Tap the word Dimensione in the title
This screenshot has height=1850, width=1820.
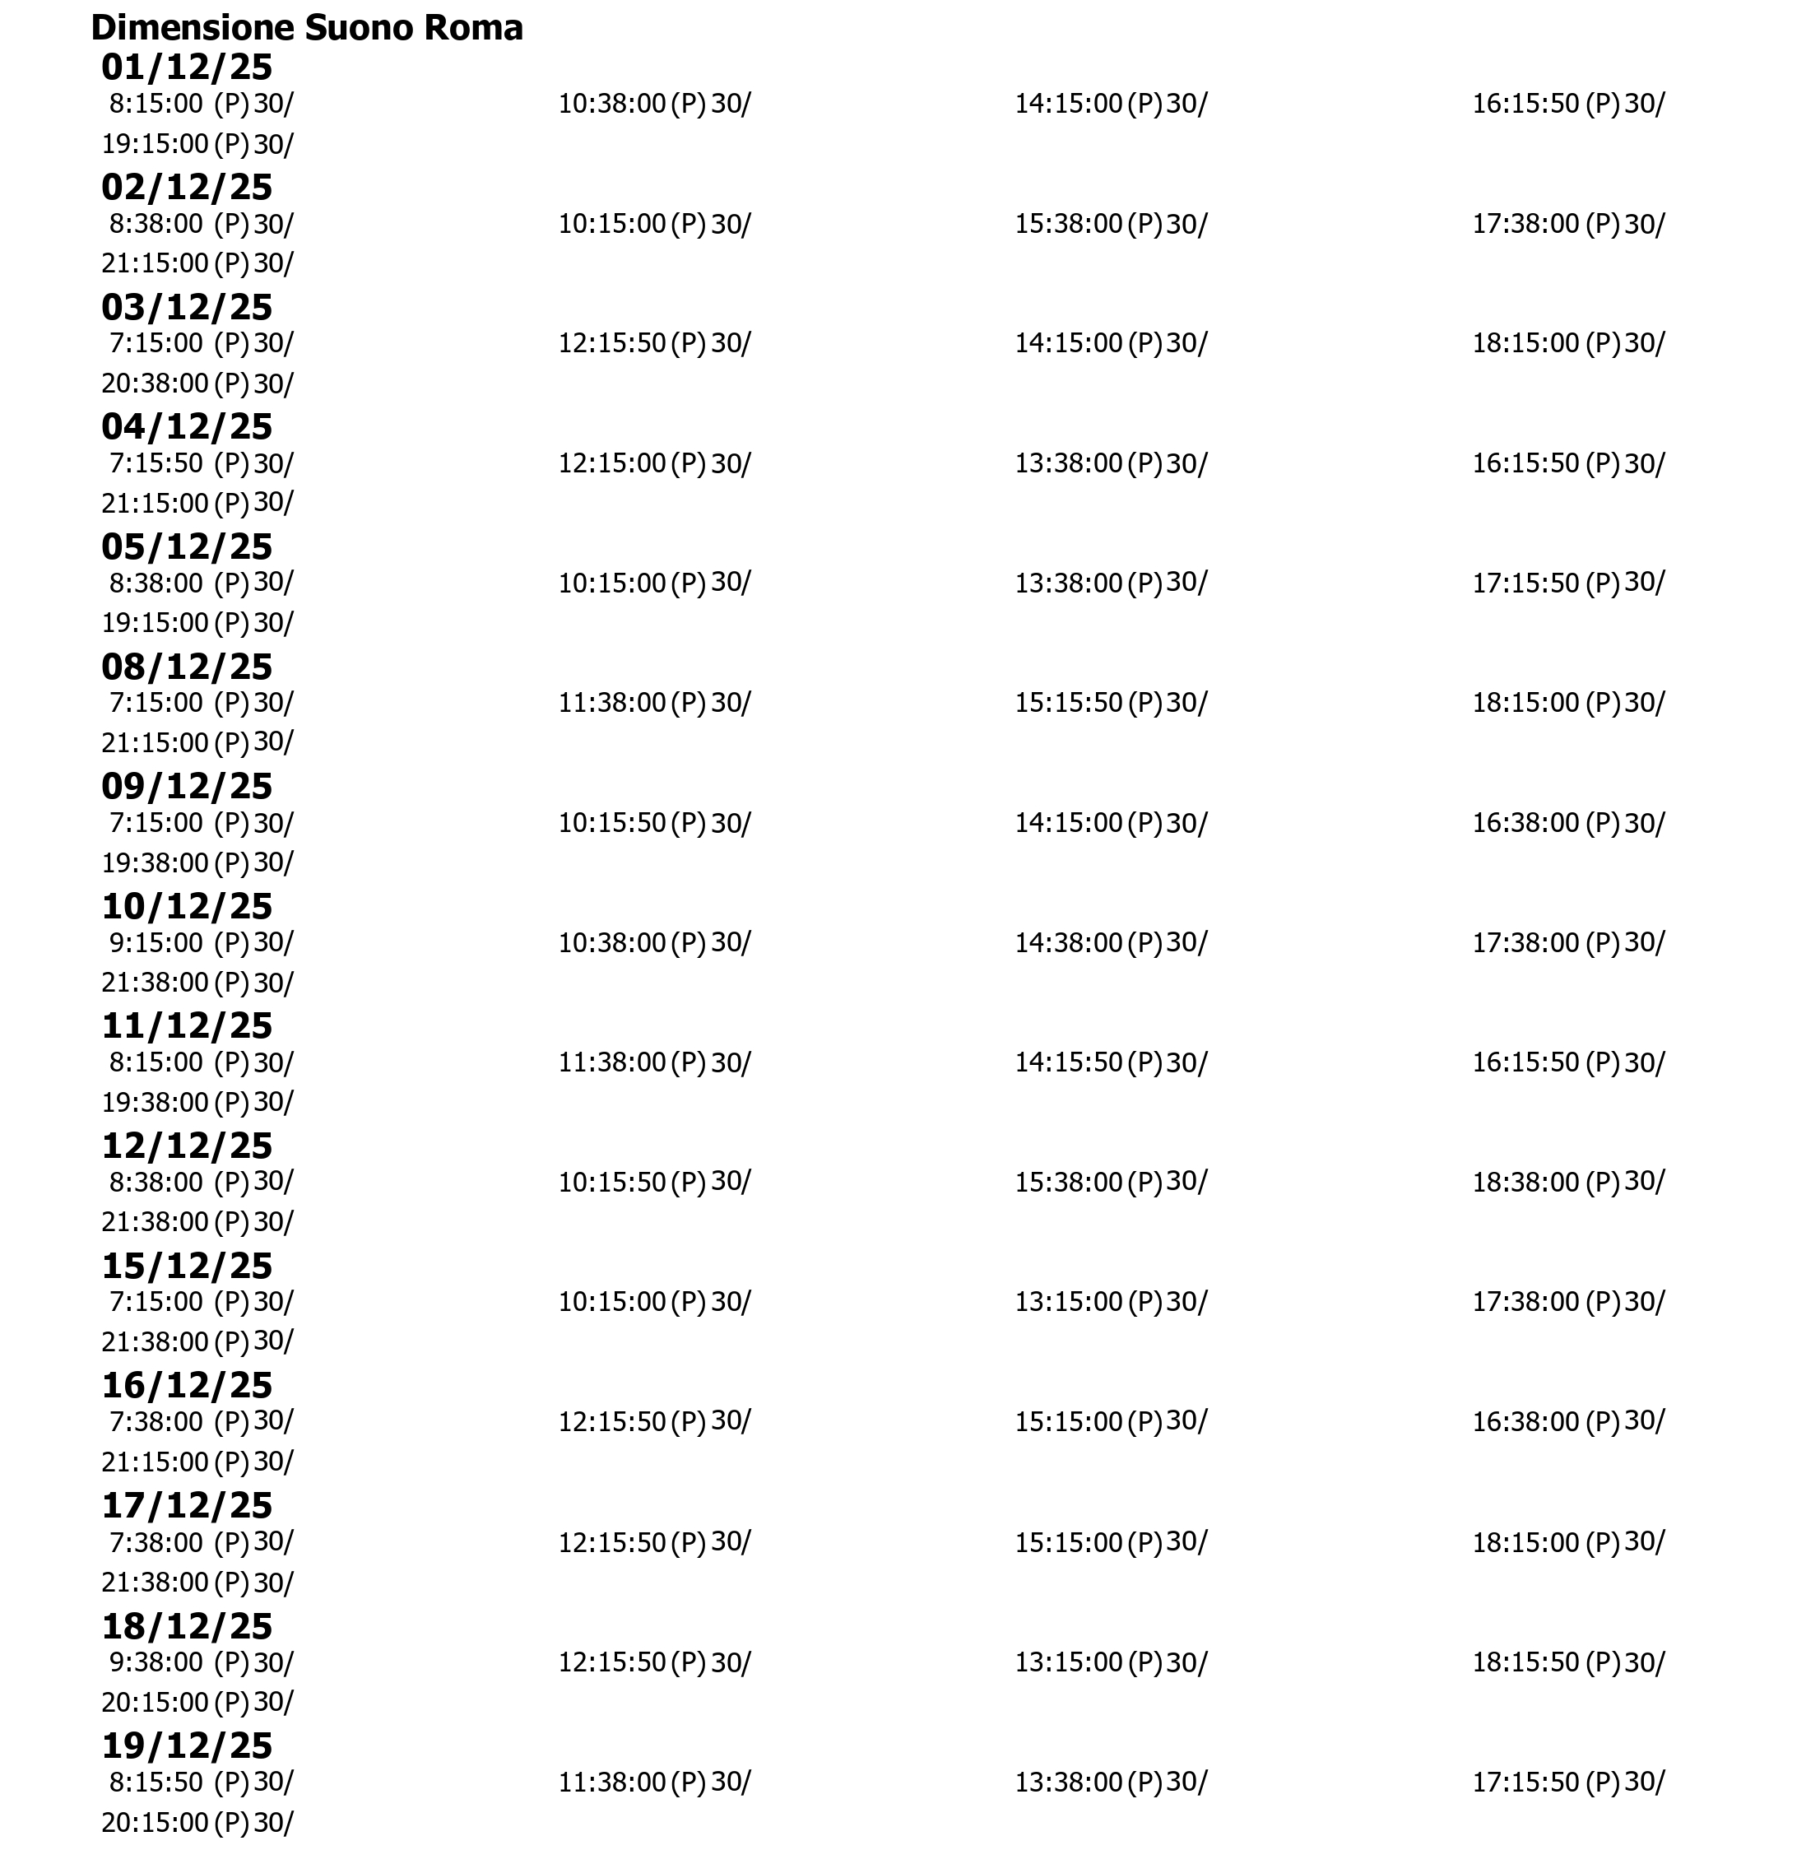tap(193, 29)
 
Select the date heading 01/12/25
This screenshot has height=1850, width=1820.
tap(187, 67)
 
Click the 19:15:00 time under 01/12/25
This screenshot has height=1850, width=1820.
tap(155, 144)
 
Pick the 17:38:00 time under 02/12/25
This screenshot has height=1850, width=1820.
tap(1525, 224)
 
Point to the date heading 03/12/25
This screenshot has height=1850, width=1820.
tap(187, 307)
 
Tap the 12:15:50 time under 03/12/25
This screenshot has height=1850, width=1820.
tap(612, 343)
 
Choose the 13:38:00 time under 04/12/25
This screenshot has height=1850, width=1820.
tap(1068, 463)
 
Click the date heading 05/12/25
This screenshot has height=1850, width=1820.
tap(187, 547)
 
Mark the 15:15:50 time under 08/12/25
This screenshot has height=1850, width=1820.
tap(1068, 703)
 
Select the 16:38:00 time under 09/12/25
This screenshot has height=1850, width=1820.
tap(1525, 823)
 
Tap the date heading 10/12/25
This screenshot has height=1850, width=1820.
tap(187, 906)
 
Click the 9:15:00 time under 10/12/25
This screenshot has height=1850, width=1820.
tap(156, 942)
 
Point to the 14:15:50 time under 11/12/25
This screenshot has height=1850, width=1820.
tap(1068, 1062)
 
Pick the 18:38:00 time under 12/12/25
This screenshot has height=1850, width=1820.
tap(1525, 1183)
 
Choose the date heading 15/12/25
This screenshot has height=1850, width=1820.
tap(187, 1266)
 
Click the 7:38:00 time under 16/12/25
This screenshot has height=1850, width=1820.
tap(156, 1422)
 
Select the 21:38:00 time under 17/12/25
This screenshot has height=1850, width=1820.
tap(155, 1583)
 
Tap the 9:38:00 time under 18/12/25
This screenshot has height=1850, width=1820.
tap(156, 1662)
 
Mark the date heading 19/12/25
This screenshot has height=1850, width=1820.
tap(187, 1745)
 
